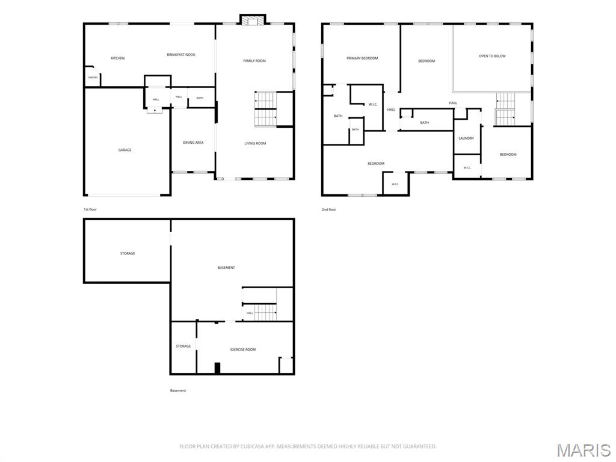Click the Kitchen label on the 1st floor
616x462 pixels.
click(x=117, y=58)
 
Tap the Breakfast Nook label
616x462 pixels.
click(x=181, y=55)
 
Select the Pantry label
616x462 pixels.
click(x=93, y=78)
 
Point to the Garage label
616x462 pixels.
click(x=125, y=150)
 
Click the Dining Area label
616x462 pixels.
click(x=193, y=143)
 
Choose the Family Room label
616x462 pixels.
click(x=254, y=61)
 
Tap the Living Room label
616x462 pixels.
click(x=255, y=143)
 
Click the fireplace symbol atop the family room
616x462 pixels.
click(x=253, y=20)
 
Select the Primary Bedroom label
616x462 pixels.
click(x=362, y=58)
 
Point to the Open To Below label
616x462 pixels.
click(x=492, y=56)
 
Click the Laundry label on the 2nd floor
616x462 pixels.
click(x=466, y=138)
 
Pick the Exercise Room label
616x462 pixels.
click(x=243, y=350)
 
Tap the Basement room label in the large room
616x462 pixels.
click(x=226, y=268)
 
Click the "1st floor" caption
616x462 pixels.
click(x=90, y=209)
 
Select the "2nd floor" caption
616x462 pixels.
click(x=329, y=209)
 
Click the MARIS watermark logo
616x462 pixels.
click(x=583, y=450)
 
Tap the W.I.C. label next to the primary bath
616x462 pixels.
click(x=373, y=104)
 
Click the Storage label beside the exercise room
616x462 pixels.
click(x=183, y=346)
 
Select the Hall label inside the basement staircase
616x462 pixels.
click(x=250, y=313)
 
